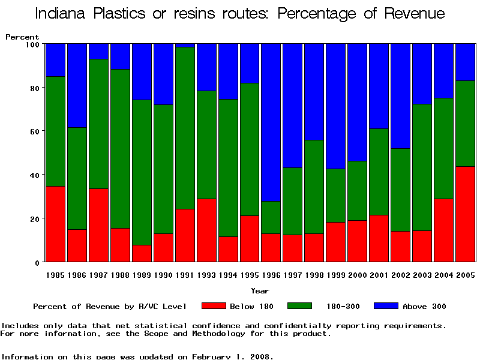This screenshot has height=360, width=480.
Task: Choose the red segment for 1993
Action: (x=206, y=230)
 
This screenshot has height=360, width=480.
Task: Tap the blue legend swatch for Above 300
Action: (x=386, y=306)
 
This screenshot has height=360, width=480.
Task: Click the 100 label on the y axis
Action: (x=32, y=44)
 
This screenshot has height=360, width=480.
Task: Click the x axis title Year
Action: (x=260, y=291)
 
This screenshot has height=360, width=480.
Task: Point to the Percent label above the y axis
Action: (x=22, y=37)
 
